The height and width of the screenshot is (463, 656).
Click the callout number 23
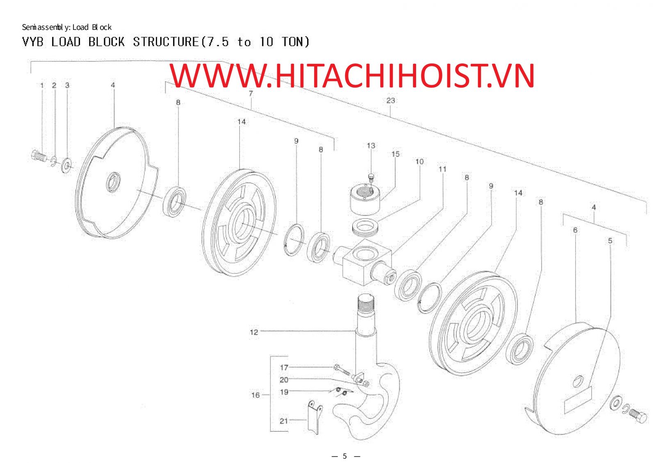[x=391, y=100]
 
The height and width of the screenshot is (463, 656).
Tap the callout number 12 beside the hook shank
[x=254, y=332]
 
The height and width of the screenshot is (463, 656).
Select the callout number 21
[x=283, y=421]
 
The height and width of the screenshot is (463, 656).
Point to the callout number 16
[x=255, y=395]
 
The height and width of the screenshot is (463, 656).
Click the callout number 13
[x=371, y=145]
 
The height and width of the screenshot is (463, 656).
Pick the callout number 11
[x=442, y=169]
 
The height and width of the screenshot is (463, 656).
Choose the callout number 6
[x=575, y=230]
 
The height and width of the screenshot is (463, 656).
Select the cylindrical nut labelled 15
[x=365, y=199]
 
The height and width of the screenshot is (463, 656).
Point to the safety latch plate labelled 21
[x=315, y=417]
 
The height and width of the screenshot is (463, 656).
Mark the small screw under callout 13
[x=371, y=177]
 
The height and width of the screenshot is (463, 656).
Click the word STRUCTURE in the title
[x=166, y=42]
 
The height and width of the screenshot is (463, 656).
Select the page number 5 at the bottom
[x=345, y=456]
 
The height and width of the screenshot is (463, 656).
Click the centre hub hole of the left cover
[x=113, y=182]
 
